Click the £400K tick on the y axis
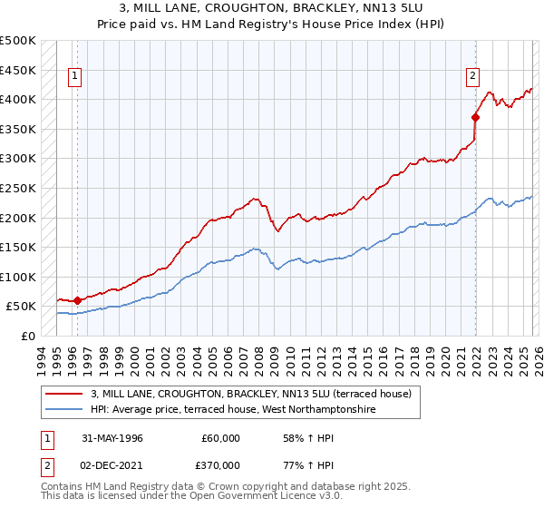coord(18,99)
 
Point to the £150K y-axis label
coord(18,247)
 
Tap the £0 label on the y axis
coord(27,336)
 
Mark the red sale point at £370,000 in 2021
coord(475,117)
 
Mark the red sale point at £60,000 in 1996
coord(77,300)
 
